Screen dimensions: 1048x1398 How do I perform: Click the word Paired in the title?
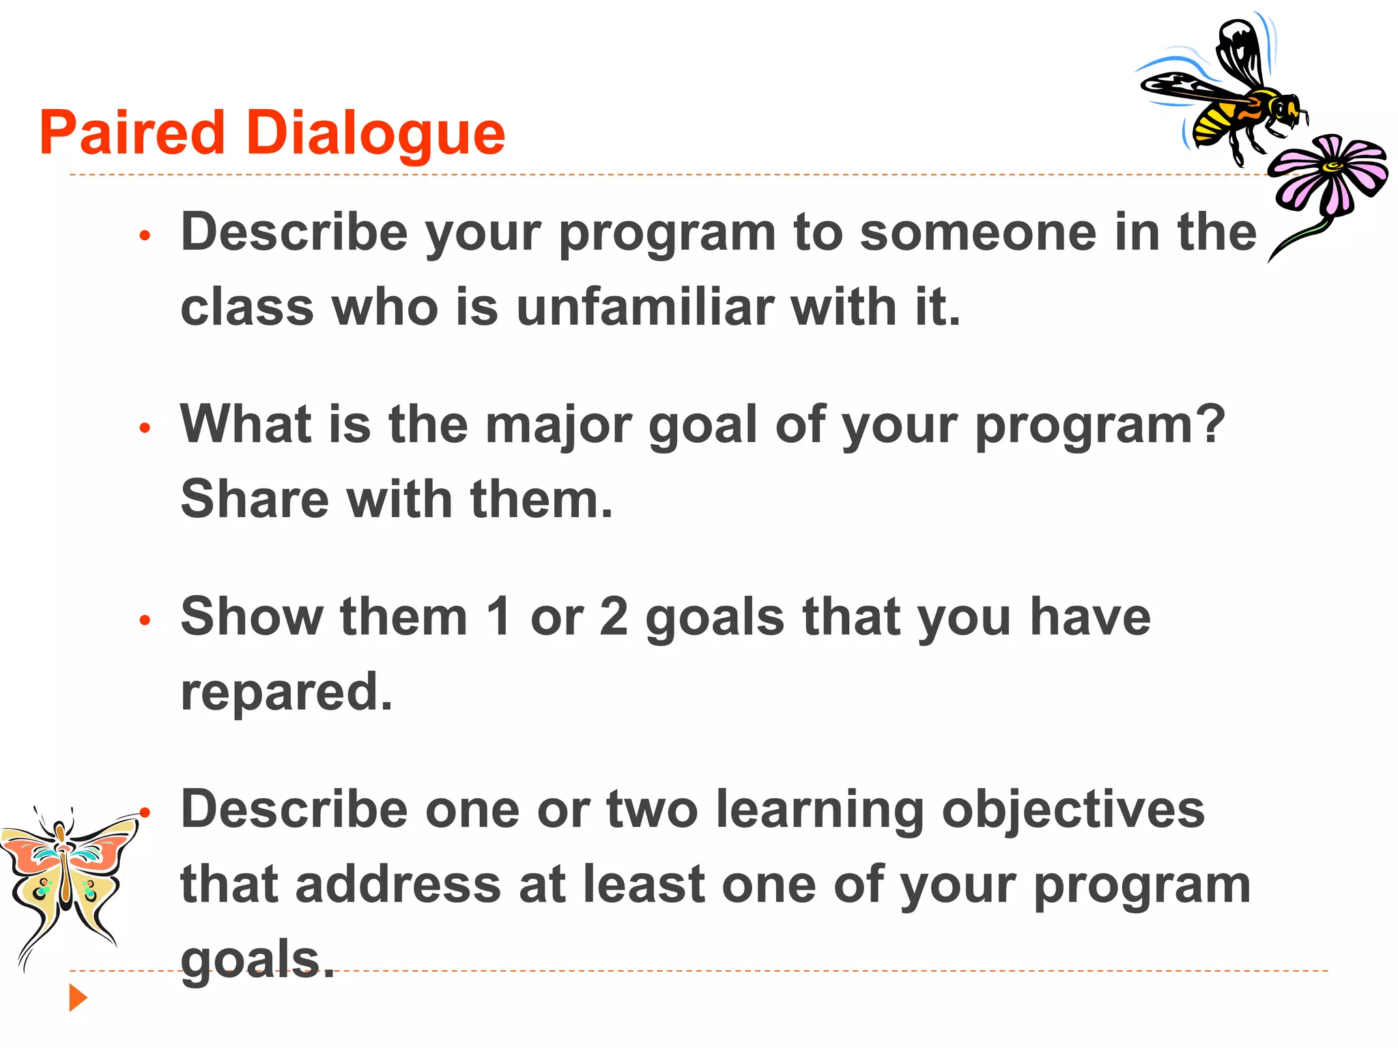(x=132, y=132)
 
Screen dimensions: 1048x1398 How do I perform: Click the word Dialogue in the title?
(x=375, y=134)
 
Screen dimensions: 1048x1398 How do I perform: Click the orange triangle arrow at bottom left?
(x=78, y=998)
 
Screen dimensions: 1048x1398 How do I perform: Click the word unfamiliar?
(x=645, y=306)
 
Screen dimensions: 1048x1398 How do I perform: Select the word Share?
(x=255, y=499)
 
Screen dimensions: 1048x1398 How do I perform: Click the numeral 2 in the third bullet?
(x=614, y=616)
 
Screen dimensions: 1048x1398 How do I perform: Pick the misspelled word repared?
(x=286, y=692)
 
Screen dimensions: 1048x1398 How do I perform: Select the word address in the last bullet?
(x=398, y=884)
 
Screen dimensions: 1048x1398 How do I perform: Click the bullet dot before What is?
(x=144, y=428)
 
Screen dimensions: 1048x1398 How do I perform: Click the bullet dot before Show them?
(x=144, y=621)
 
